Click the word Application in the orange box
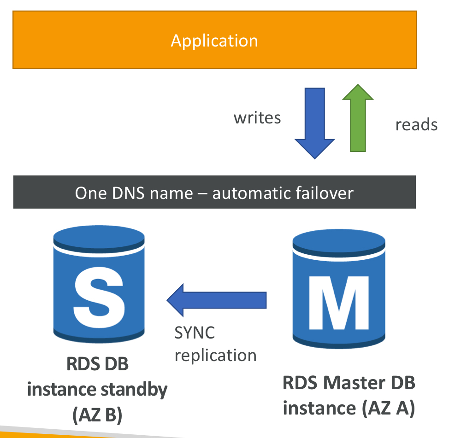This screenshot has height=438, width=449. pyautogui.click(x=214, y=41)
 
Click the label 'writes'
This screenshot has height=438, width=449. pyautogui.click(x=257, y=117)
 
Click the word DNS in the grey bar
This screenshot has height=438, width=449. pyautogui.click(x=121, y=193)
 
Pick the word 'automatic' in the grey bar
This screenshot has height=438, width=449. pyautogui.click(x=247, y=193)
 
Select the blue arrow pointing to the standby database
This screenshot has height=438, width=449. pyautogui.click(x=217, y=300)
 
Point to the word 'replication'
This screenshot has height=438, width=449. pyautogui.click(x=215, y=355)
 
